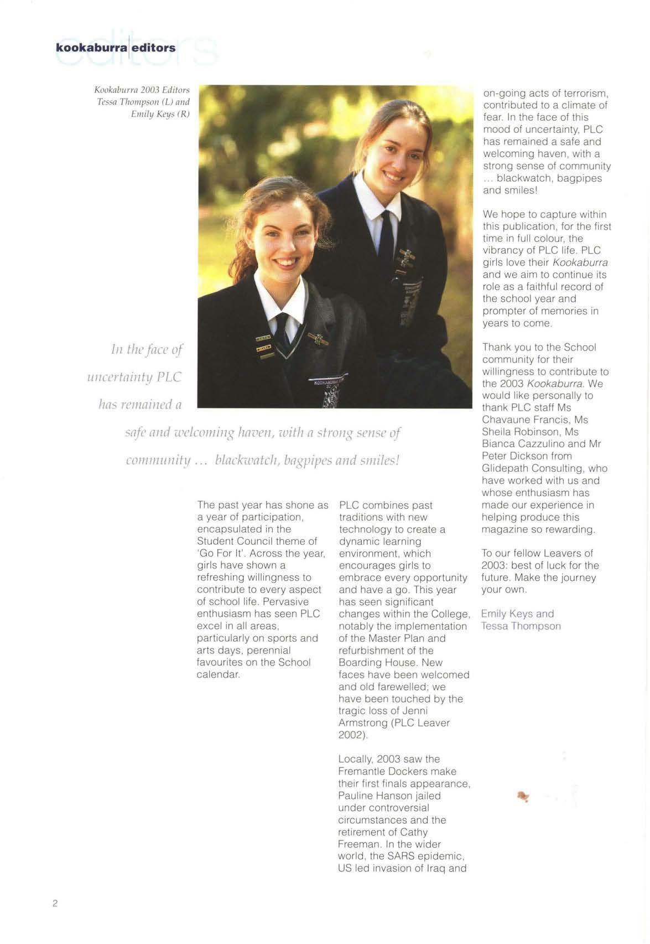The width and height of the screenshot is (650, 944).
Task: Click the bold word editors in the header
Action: tap(154, 48)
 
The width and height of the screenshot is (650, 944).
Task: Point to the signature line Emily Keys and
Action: tap(517, 614)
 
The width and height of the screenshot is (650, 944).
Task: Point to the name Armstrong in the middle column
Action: tap(363, 724)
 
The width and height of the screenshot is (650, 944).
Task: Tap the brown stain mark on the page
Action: tap(522, 797)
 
